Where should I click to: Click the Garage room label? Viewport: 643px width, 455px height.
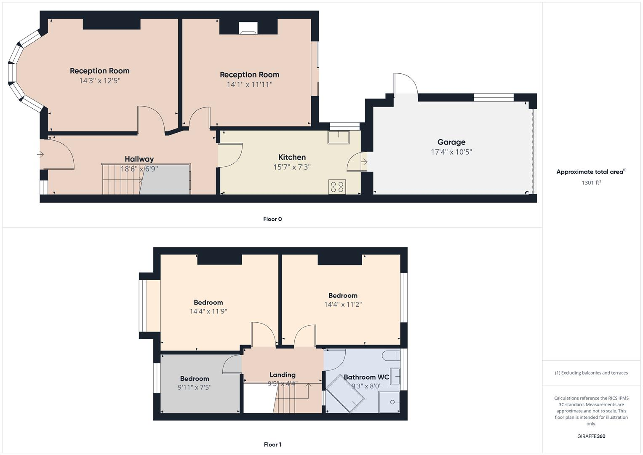point(451,142)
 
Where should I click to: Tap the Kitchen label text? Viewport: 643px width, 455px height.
point(292,157)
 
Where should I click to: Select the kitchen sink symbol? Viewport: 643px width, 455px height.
point(339,137)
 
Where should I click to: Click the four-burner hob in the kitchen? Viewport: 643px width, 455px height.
point(337,187)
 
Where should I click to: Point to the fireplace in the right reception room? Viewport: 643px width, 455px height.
point(248,28)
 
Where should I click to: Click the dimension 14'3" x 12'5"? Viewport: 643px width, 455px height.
point(100,80)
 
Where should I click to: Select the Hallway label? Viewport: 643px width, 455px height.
point(139,159)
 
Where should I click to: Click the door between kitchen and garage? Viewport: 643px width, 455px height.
point(356,162)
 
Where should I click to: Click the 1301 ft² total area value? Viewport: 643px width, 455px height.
point(591,182)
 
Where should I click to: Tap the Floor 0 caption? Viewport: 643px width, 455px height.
point(272,219)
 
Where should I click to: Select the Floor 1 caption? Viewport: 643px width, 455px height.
point(272,444)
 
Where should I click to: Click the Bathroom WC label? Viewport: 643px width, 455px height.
point(366,377)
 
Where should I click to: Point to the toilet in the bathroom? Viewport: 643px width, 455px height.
point(391,356)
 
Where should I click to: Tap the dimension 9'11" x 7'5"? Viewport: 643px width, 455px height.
point(195,387)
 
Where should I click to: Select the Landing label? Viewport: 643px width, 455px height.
point(282,375)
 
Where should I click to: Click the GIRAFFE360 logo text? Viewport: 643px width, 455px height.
point(591,436)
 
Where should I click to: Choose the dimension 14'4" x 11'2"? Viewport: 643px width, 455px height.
point(343,304)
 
